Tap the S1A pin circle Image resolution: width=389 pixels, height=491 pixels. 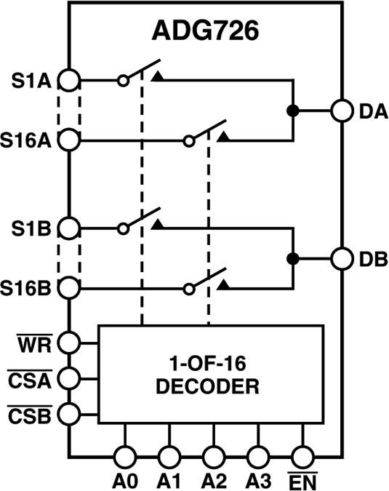pos(70,80)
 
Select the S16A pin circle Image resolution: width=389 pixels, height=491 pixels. pos(70,138)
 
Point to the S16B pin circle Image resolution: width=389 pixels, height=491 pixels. pos(70,288)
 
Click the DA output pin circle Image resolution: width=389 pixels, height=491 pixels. pos(342,111)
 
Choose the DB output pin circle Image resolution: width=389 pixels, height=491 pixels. pos(342,258)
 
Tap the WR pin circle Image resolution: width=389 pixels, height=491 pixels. pos(70,341)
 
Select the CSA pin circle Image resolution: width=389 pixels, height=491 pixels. pos(70,378)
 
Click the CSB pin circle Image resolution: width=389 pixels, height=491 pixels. pos(70,414)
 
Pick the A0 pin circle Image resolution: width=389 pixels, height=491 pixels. pos(125,457)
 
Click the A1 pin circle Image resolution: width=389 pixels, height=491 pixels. pos(169,457)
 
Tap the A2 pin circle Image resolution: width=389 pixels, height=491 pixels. pos(213,457)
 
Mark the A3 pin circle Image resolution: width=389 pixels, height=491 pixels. pos(257,457)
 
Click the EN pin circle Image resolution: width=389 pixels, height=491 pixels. pos(301,457)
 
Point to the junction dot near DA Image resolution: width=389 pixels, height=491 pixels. pos(293,111)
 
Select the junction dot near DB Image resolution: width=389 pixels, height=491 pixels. pos(293,258)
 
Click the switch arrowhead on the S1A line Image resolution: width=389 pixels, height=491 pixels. pos(156,76)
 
